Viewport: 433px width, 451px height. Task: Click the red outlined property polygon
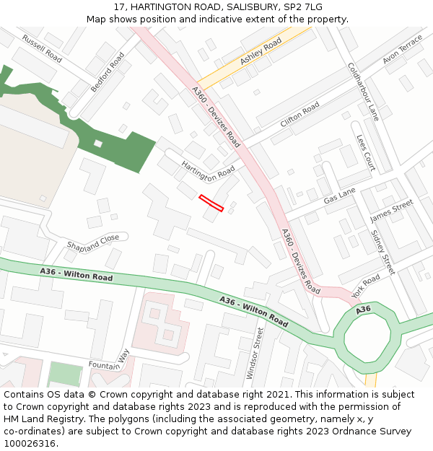pos(211,203)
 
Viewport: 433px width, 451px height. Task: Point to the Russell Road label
pos(42,48)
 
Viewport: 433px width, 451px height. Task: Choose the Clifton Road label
pos(299,115)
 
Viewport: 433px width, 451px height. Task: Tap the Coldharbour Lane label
pos(363,91)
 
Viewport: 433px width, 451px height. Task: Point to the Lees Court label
pos(366,152)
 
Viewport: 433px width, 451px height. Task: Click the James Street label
pos(391,211)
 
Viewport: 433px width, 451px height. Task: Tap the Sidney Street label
pos(382,252)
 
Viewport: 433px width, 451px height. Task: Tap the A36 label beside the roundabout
pos(363,310)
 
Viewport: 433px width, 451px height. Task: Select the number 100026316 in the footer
pos(30,443)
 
